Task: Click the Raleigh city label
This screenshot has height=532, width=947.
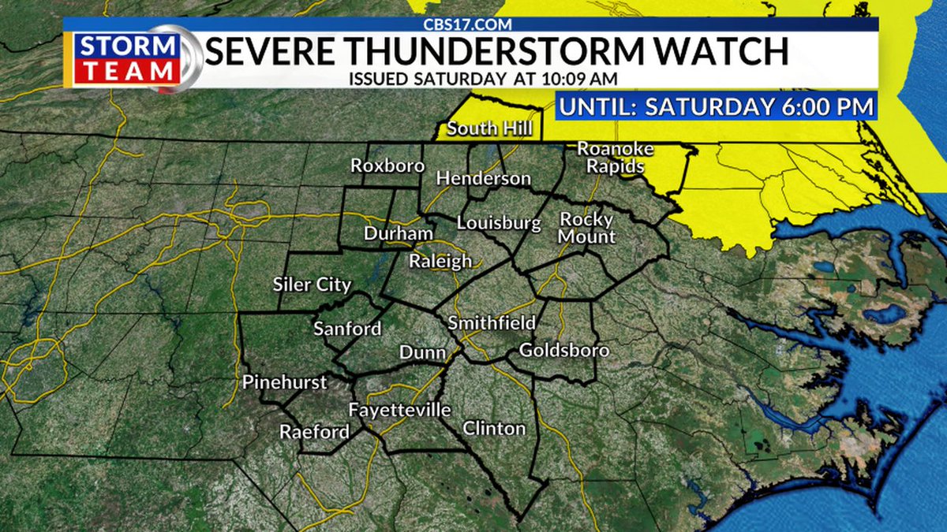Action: point(440,261)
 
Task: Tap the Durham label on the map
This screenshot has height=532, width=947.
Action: point(398,234)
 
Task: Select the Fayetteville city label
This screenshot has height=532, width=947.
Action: point(400,410)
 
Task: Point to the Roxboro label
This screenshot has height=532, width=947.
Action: point(387,166)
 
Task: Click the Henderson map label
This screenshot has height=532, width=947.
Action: point(483,179)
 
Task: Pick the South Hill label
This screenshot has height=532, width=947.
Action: point(489,128)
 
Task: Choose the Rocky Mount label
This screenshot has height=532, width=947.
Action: point(587,227)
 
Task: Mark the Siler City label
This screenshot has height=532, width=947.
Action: point(311,285)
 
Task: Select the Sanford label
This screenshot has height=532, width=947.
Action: point(347,329)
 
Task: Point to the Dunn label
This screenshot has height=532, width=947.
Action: point(422,352)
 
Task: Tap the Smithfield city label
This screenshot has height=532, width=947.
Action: point(492,322)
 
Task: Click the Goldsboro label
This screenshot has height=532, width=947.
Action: point(564,350)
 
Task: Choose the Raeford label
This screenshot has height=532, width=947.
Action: point(313,432)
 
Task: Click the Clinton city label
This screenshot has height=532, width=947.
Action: point(494,429)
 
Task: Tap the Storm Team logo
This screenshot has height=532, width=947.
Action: point(129,58)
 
